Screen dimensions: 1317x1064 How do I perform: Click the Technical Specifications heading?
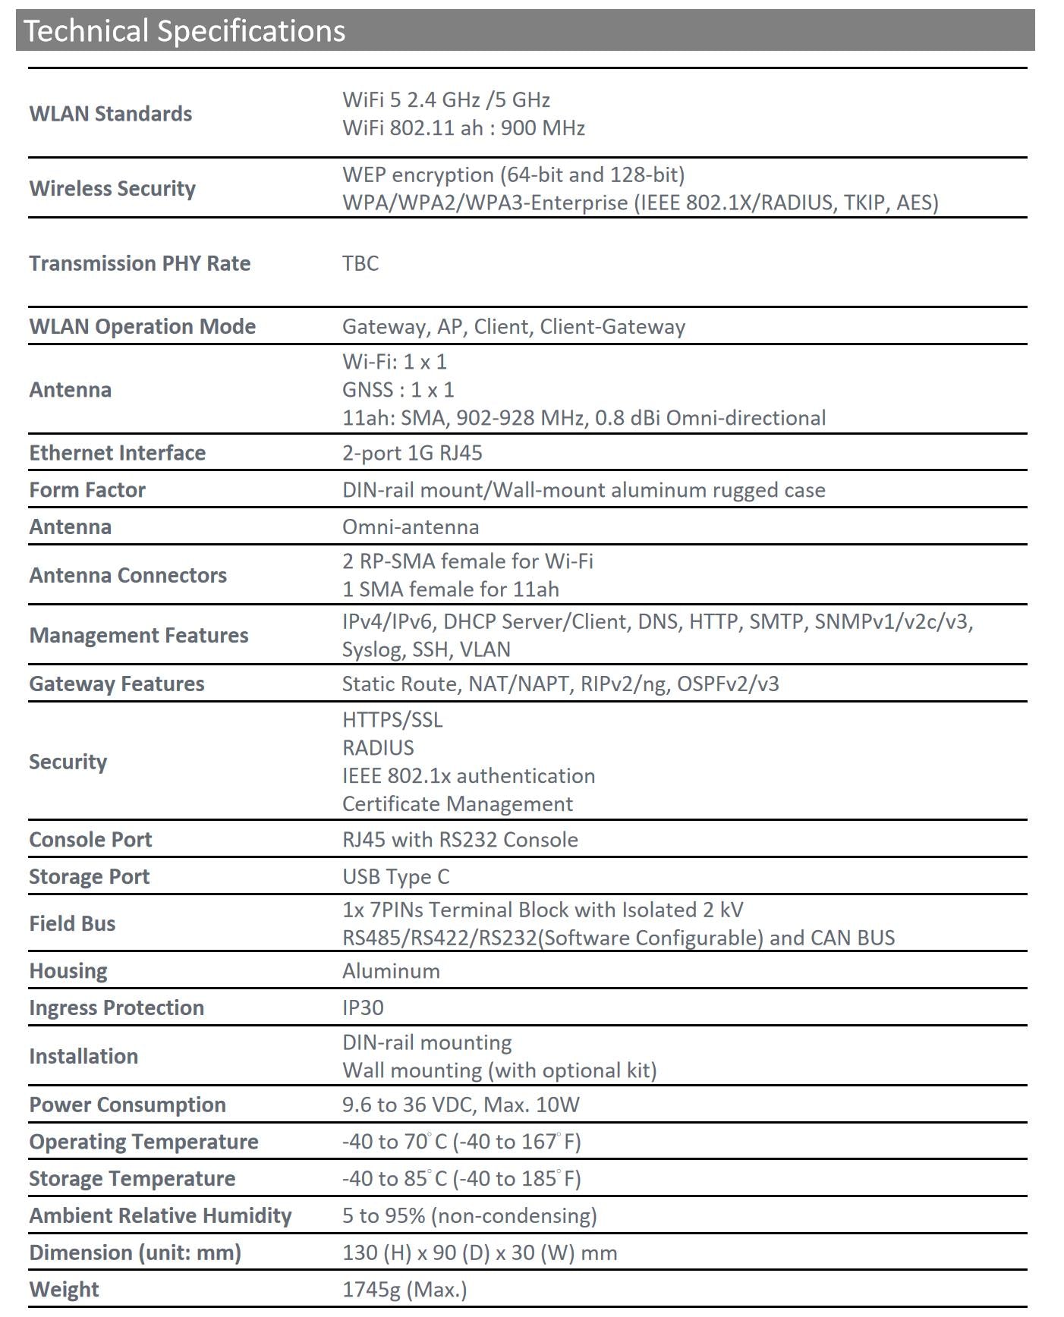coord(184,31)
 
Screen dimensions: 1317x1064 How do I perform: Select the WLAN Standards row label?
coord(111,114)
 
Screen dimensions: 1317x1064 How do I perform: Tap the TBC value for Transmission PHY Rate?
coord(360,263)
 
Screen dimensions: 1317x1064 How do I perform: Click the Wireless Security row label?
coord(112,188)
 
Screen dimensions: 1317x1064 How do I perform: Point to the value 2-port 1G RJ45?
coord(412,453)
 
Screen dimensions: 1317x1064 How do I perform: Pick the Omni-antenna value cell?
coord(411,526)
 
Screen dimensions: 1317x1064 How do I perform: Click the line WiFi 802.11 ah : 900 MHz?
coord(464,127)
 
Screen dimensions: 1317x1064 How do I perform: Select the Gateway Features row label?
coord(117,684)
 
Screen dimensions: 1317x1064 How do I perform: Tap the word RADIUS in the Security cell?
coord(378,747)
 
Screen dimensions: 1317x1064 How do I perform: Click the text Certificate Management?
coord(458,803)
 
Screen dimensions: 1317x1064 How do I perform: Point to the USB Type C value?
coord(396,876)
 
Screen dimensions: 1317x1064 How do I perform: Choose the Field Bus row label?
coord(72,923)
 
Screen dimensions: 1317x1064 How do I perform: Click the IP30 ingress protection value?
coord(363,1007)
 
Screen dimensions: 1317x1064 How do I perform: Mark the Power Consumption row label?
coord(127,1105)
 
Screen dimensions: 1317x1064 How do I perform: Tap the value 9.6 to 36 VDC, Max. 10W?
coord(461,1105)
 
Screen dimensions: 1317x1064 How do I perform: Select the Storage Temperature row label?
coord(132,1178)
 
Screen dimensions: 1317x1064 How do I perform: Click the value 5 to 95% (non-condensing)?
coord(470,1215)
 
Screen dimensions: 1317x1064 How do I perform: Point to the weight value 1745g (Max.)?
coord(405,1289)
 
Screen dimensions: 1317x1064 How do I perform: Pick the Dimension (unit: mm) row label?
coord(135,1253)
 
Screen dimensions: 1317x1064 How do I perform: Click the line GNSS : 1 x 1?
coord(398,389)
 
